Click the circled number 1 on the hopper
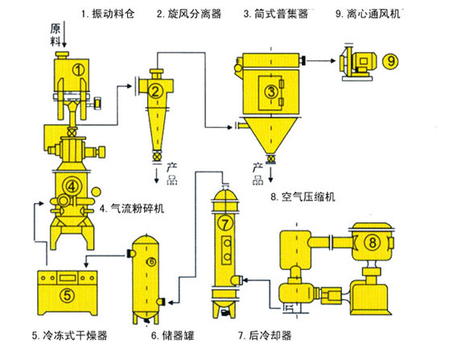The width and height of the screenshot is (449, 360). point(78,70)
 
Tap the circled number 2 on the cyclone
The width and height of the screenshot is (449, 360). point(155,92)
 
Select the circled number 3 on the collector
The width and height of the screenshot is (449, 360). point(271,92)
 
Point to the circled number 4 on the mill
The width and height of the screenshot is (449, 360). point(72,187)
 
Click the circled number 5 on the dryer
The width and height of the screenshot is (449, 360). point(68,295)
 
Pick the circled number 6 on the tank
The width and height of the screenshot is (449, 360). point(151,262)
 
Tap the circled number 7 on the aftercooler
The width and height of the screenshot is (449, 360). point(225,223)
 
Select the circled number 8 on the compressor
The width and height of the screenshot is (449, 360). point(373,242)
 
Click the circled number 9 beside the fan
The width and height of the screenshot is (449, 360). point(390,61)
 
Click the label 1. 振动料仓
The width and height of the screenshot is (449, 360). point(108,14)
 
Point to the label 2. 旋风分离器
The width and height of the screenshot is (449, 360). point(189,14)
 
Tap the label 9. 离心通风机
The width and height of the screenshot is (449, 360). point(368,14)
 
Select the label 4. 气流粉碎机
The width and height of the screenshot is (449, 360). point(132,209)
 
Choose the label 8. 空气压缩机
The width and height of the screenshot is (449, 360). point(303,197)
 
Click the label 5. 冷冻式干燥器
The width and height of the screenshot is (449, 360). point(69,335)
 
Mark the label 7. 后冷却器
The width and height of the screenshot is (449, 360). point(265,335)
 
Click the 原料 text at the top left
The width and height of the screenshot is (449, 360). point(56,35)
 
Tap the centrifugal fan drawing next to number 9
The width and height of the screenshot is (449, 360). point(357,63)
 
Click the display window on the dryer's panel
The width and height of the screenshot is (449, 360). point(68,278)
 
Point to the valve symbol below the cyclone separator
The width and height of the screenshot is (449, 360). point(157,157)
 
